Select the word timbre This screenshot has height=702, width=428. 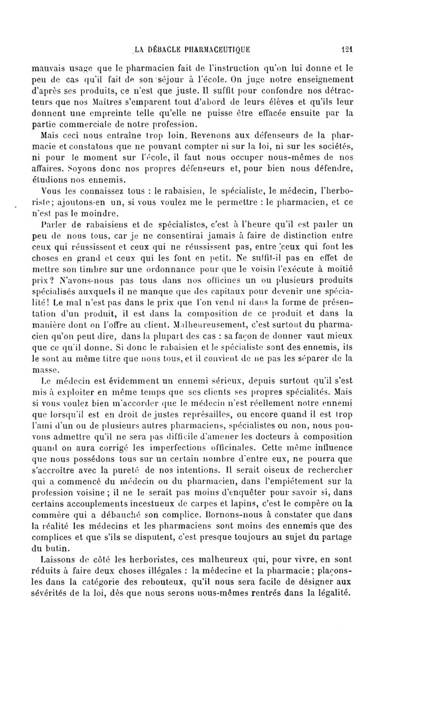(105, 270)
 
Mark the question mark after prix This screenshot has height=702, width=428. (78, 282)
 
